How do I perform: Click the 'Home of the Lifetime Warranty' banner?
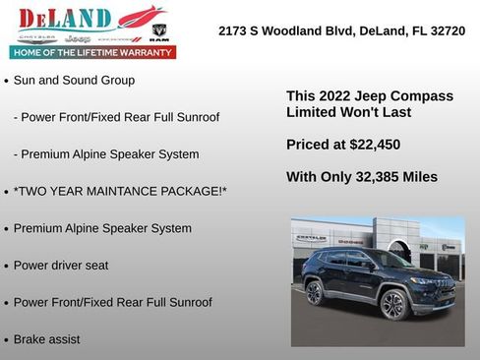click(x=92, y=52)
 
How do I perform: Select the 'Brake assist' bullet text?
click(x=47, y=339)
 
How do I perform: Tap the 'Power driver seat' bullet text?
click(x=61, y=266)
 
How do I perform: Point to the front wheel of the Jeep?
click(x=393, y=304)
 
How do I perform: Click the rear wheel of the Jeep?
click(x=315, y=292)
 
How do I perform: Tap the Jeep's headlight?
click(x=419, y=281)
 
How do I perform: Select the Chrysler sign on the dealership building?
click(x=311, y=238)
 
